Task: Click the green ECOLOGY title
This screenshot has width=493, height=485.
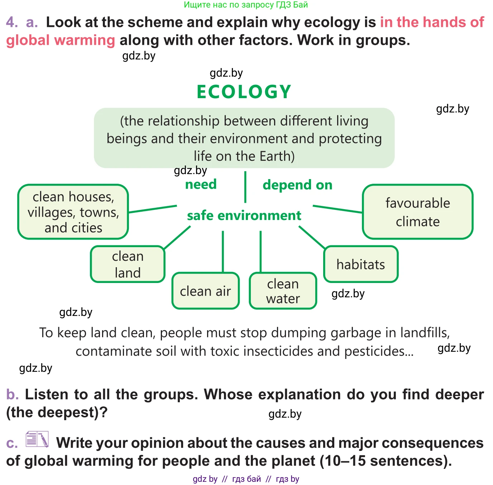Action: pos(244,92)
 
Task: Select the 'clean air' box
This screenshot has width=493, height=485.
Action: pos(205,291)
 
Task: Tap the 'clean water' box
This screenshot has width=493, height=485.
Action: pos(283,291)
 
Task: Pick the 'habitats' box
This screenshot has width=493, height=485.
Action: pos(360,264)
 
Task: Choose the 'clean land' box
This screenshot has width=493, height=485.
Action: pos(128,264)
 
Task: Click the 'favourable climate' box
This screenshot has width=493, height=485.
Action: pos(417,212)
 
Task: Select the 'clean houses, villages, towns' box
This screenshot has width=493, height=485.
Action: pos(73,212)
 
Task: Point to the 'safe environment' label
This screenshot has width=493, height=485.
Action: pos(244,216)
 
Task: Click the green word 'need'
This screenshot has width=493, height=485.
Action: pos(201,184)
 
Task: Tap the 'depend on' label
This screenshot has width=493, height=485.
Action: pos(297,185)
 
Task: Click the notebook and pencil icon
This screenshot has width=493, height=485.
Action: pos(37,439)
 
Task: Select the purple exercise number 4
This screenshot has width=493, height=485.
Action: pos(12,22)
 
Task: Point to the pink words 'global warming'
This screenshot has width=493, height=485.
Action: pos(61,40)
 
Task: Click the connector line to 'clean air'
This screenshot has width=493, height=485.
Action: pos(223,251)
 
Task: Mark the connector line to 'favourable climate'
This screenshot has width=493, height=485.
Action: pos(338,209)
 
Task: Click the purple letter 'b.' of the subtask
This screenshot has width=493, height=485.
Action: pos(12,394)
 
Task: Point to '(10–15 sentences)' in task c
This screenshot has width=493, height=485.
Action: pos(385,461)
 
